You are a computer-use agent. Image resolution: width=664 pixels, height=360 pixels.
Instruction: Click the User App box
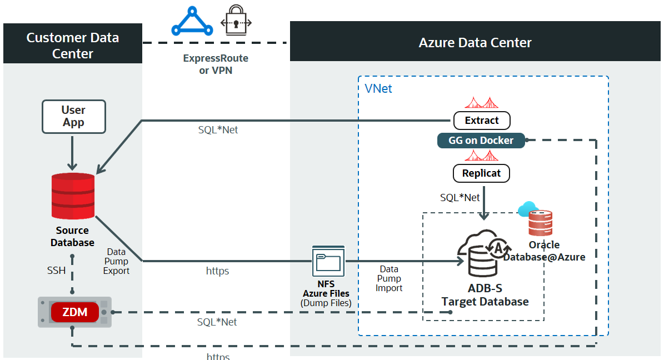point(73,117)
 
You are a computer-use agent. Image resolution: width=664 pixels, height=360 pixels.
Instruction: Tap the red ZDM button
point(75,312)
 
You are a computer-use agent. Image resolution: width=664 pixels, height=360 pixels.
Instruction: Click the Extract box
point(481,121)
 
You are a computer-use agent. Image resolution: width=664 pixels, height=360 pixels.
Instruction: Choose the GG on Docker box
point(481,141)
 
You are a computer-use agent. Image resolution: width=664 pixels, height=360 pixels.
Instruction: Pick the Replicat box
point(481,173)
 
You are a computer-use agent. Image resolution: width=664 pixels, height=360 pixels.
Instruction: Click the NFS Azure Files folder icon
point(328,261)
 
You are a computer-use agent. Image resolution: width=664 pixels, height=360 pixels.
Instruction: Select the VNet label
point(378,89)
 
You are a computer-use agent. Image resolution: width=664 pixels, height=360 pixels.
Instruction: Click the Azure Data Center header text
point(475,43)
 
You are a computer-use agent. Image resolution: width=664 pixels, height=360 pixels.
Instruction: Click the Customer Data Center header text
point(73,46)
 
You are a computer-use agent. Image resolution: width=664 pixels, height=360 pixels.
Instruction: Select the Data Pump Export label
point(116,262)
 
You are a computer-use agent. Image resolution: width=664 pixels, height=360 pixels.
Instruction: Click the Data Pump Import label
point(389,278)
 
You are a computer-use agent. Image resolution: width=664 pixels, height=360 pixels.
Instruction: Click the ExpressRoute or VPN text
point(216,64)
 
